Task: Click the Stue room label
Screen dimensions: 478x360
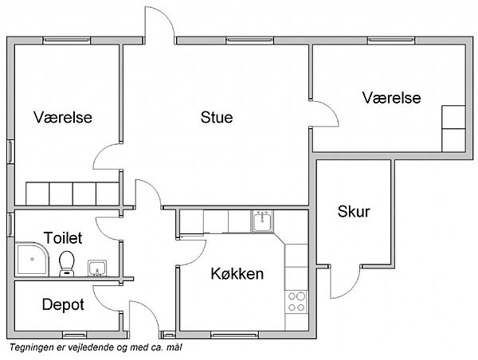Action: [217, 117]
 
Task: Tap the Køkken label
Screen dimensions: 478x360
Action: [237, 273]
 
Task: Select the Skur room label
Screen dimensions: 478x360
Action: [354, 211]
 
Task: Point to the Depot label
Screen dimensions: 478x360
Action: [63, 304]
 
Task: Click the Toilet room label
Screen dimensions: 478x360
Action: [63, 238]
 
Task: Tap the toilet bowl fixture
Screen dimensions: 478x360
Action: [67, 264]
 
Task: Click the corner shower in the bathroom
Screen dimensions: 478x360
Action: [32, 259]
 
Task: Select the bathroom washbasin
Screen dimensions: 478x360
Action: [97, 268]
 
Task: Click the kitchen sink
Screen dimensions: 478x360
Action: [262, 221]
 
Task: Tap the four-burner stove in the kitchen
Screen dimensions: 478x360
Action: [296, 302]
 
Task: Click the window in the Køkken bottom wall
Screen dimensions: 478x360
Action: [235, 335]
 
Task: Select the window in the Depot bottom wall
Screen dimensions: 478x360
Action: [75, 335]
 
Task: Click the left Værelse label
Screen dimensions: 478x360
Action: [63, 117]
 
